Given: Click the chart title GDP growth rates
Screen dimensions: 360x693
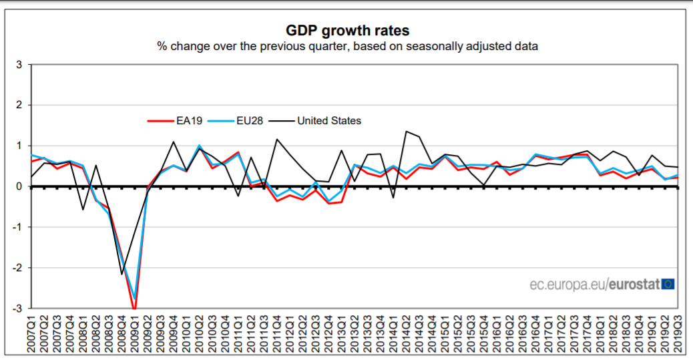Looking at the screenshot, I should click(347, 31).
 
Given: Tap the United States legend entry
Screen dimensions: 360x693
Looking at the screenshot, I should click(328, 121).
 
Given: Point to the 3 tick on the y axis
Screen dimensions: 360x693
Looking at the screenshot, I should click(19, 65).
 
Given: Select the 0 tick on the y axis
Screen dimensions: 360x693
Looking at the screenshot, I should click(19, 186).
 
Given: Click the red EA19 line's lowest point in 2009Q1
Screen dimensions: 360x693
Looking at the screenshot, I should click(135, 309).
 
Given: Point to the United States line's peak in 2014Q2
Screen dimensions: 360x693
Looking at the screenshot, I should click(406, 131).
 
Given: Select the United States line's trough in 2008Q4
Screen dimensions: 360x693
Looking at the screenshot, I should click(122, 274).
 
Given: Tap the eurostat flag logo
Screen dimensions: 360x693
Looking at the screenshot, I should click(668, 285).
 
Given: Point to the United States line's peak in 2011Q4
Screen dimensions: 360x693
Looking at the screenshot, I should click(277, 140).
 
